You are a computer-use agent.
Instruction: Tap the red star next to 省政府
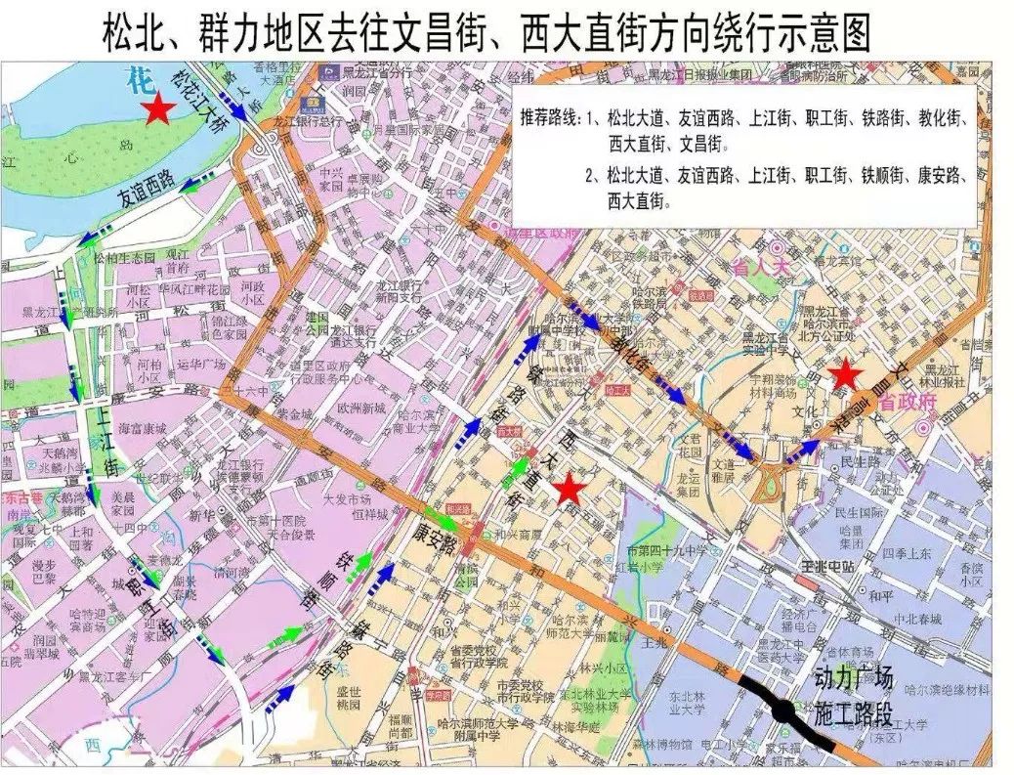click(843, 374)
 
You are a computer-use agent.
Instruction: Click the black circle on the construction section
click(783, 711)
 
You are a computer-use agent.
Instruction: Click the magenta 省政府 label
click(908, 400)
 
